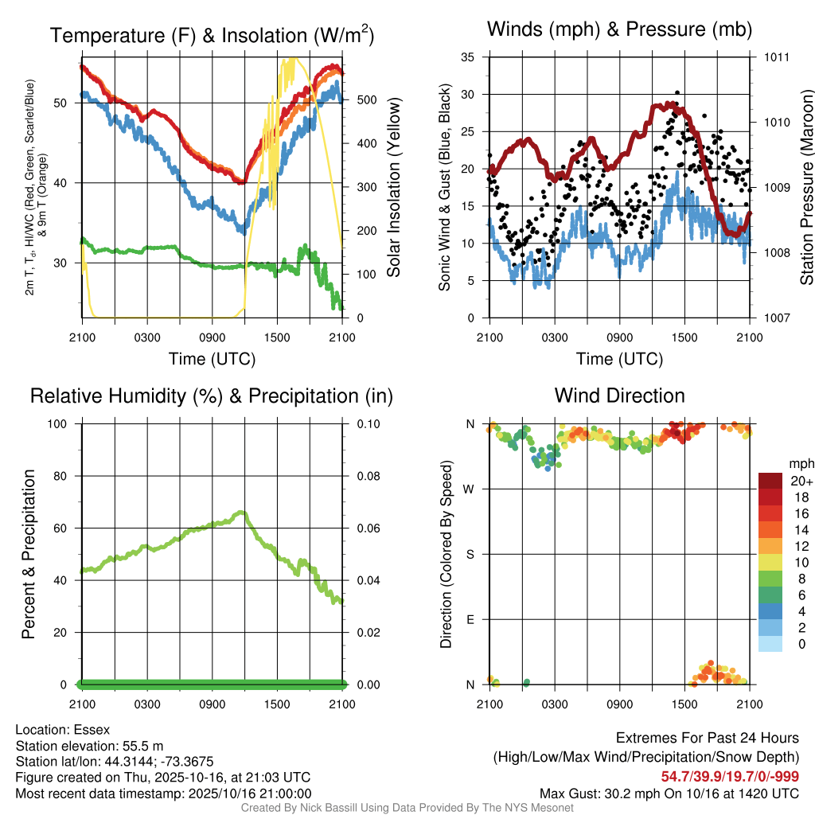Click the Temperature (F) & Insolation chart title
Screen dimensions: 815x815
coord(212,36)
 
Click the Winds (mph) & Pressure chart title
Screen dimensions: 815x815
coord(619,29)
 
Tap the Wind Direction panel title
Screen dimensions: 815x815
coord(619,396)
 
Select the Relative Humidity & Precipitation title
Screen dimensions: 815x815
coord(212,396)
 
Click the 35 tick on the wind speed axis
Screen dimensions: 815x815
coord(468,57)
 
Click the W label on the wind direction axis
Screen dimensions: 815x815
coord(470,489)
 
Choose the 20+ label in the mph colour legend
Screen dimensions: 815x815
coord(801,481)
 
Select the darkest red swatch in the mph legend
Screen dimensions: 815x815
coord(770,481)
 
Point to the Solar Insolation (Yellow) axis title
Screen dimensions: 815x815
coord(393,187)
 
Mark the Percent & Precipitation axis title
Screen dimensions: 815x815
coord(28,554)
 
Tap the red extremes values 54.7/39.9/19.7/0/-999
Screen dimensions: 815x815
coord(730,776)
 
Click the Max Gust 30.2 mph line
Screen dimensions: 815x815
coord(669,793)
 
